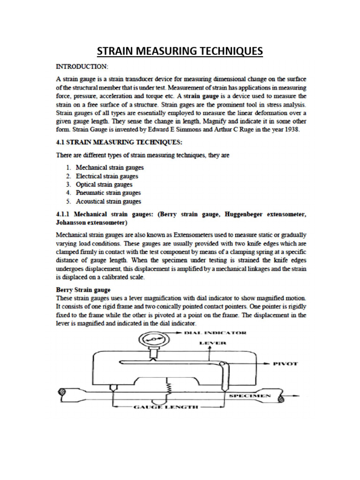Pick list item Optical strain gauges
[104, 184]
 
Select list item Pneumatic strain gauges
[108, 193]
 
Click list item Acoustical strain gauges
[109, 202]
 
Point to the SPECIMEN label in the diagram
[250, 396]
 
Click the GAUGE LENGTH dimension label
[160, 408]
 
